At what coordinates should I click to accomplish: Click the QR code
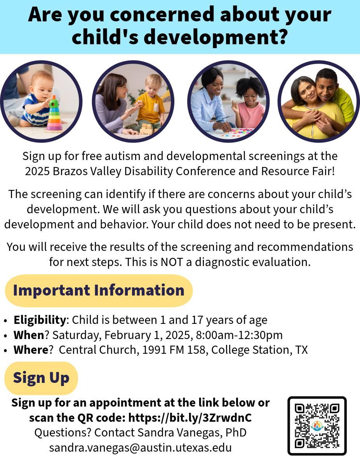(x=317, y=426)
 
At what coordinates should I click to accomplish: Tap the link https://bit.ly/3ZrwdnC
(x=190, y=417)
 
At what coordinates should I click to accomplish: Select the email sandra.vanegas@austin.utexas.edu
(x=140, y=447)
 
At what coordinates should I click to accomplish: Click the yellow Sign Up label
(x=41, y=378)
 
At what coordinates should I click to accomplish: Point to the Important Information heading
(x=99, y=290)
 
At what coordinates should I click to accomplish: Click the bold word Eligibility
(x=40, y=320)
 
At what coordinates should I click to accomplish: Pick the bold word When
(x=29, y=335)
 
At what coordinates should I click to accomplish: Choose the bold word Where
(x=31, y=350)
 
